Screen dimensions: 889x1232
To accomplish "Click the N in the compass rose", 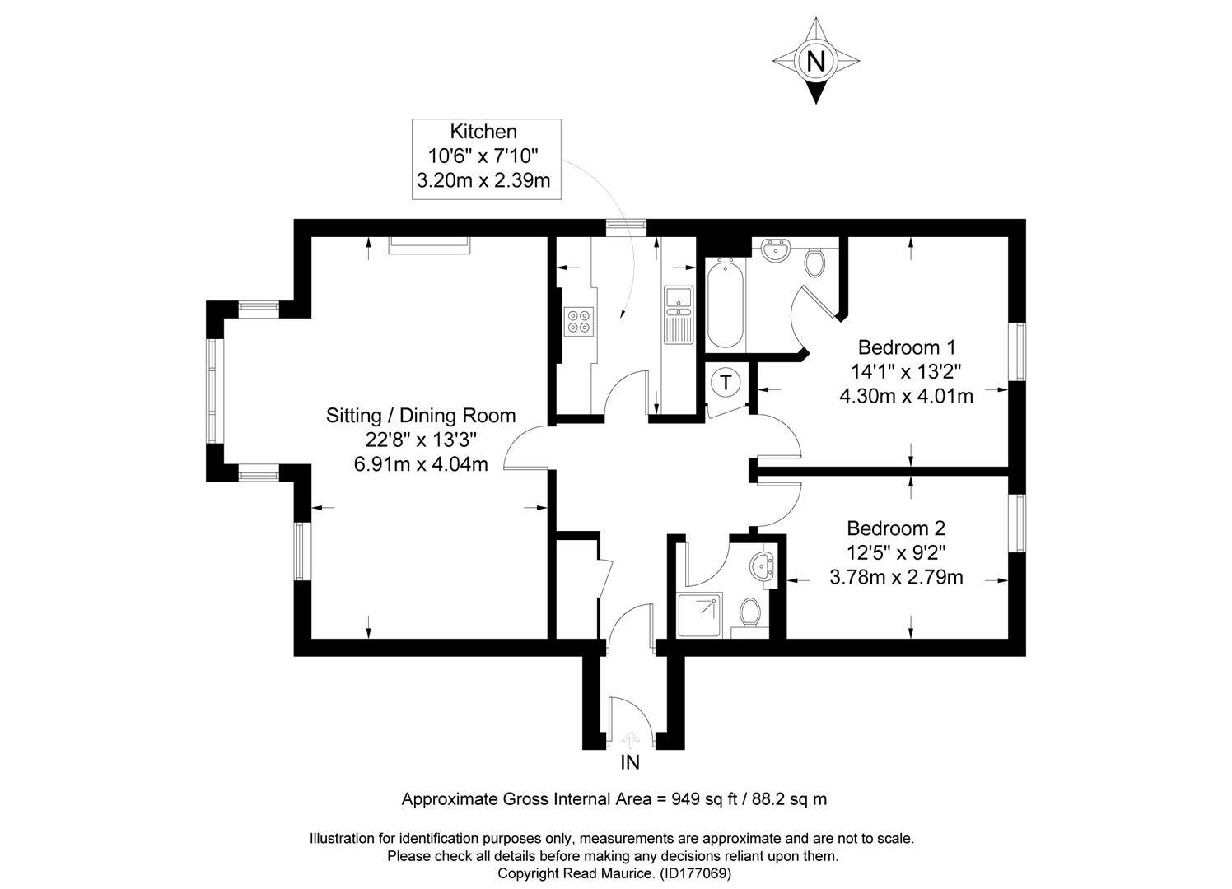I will [x=815, y=61].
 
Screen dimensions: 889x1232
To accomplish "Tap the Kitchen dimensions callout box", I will [x=486, y=159].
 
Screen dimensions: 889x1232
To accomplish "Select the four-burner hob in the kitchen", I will [x=577, y=320].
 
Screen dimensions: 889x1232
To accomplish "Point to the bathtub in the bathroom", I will [x=726, y=302].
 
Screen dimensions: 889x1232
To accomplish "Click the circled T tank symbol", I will [x=726, y=382].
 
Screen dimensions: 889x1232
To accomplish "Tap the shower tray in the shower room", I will [x=699, y=615].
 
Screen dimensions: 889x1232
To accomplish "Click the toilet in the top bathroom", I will [x=814, y=262].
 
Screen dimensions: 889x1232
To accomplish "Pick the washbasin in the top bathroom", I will [x=776, y=249].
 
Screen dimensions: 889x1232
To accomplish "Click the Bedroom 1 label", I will [x=906, y=347].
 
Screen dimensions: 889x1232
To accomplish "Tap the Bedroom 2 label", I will [x=896, y=528].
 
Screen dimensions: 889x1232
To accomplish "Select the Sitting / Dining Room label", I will [x=421, y=416].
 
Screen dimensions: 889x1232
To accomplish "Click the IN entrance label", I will [x=629, y=763].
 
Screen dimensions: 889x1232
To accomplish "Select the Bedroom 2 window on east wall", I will [x=1019, y=523].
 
